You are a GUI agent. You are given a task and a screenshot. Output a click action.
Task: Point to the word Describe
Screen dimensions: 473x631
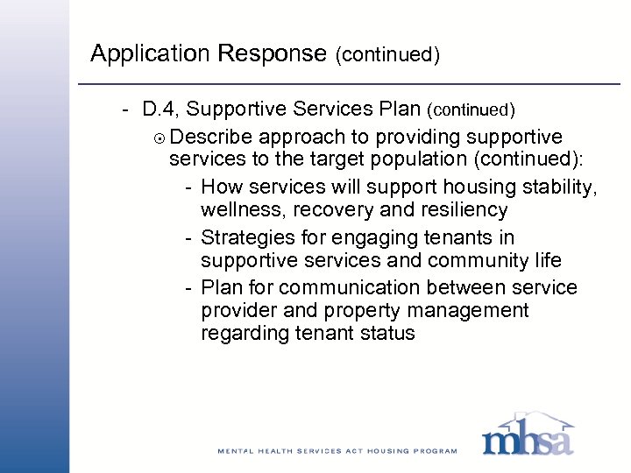click(209, 137)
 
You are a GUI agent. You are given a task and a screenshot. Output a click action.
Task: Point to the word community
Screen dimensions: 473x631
click(468, 261)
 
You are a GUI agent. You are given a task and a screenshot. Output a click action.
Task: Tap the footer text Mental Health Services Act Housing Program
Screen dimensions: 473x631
click(337, 451)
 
